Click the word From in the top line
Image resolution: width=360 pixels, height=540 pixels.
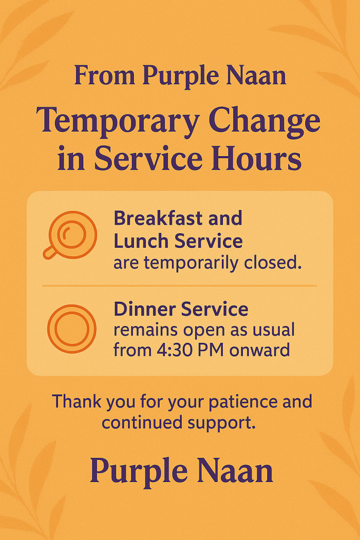click(104, 75)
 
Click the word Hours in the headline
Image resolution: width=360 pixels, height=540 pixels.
click(256, 158)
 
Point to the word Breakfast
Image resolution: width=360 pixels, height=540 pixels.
click(158, 218)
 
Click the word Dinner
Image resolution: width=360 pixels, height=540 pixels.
click(144, 309)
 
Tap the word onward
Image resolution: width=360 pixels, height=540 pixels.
click(259, 350)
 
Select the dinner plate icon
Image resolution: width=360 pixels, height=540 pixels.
click(72, 329)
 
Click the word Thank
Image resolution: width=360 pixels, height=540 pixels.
click(76, 401)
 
